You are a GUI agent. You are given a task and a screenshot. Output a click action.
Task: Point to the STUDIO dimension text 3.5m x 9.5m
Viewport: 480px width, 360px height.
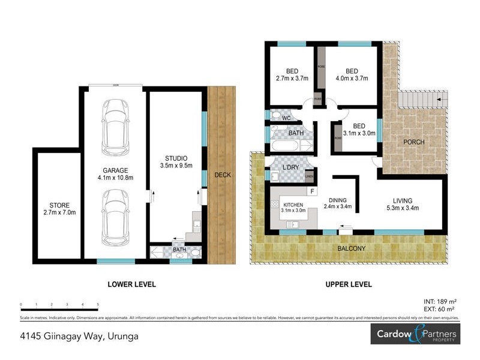[176, 166]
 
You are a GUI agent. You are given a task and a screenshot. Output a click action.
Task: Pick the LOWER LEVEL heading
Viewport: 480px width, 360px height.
[131, 284]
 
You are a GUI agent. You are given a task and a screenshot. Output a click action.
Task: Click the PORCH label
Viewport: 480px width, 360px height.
[414, 142]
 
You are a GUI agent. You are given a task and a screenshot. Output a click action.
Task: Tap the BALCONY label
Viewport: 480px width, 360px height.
[350, 248]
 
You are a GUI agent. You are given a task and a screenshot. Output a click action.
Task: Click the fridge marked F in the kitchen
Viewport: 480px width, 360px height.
[311, 191]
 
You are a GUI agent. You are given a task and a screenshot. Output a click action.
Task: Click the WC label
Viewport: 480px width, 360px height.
[287, 118]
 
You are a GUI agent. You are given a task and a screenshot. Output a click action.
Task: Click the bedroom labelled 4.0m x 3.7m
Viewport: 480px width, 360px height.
[352, 74]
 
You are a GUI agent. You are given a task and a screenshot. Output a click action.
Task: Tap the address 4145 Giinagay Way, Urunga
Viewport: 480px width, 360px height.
[79, 336]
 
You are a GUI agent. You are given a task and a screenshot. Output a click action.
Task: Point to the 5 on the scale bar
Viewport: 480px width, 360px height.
[97, 305]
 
